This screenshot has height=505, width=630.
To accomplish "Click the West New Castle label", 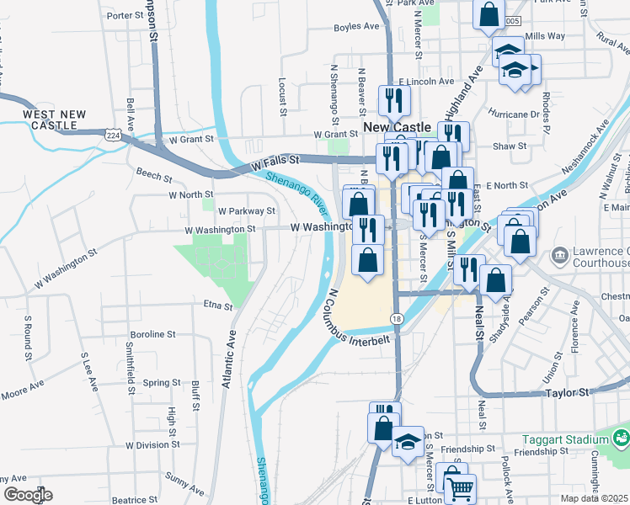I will [54, 120].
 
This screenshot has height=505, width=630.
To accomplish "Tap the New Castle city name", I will [397, 126].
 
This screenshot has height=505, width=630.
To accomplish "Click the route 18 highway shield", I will [397, 318].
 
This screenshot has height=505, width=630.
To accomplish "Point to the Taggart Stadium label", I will [573, 439].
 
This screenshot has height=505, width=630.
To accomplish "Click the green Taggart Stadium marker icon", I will [622, 438].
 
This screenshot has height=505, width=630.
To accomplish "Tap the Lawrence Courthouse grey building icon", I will [559, 255].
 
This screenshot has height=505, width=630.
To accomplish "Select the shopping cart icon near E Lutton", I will [459, 488].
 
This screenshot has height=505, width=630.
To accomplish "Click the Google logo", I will [28, 495].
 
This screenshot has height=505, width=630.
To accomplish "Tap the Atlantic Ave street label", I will [227, 357].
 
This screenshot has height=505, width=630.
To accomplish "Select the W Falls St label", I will [275, 162].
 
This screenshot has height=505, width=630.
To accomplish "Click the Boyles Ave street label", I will [356, 27].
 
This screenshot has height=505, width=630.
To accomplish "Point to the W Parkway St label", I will [247, 211].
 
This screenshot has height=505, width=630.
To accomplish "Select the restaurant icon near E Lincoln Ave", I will [394, 101].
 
